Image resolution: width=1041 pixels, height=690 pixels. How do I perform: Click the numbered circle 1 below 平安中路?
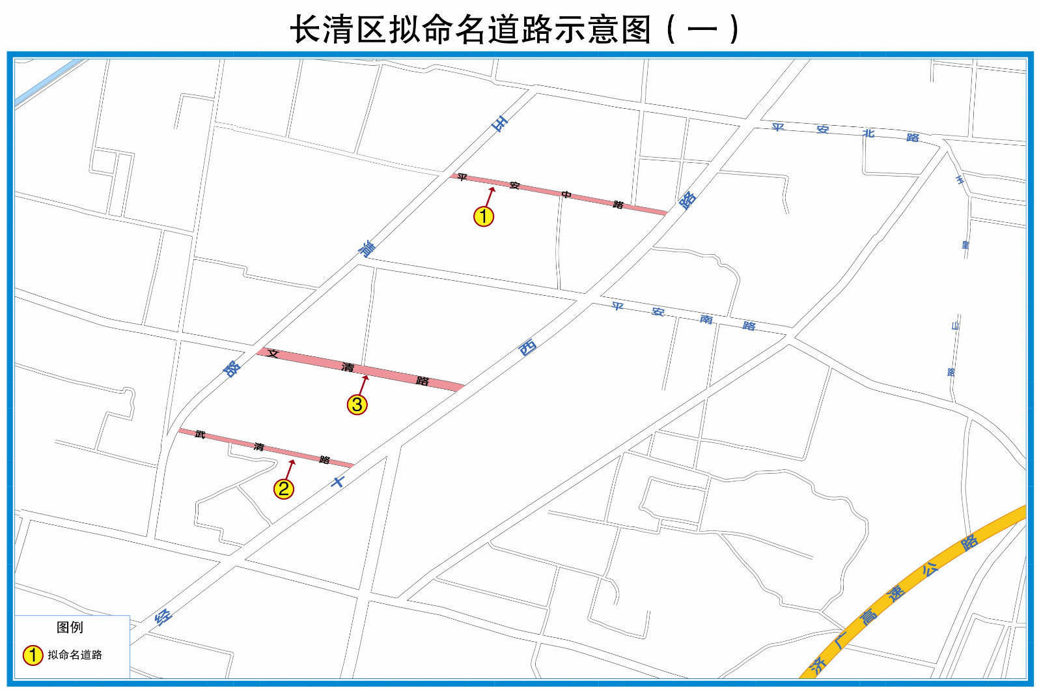(x=484, y=216)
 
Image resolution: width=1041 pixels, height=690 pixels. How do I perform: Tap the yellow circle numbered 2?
(x=283, y=489)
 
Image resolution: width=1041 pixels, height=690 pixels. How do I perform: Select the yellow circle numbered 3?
(x=357, y=405)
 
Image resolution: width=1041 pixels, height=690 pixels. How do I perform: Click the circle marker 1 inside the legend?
(x=33, y=655)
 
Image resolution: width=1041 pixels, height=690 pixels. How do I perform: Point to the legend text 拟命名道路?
(x=75, y=655)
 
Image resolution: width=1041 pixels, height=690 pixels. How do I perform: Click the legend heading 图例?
(x=70, y=627)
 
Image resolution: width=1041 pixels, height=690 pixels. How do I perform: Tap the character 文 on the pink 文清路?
(x=273, y=354)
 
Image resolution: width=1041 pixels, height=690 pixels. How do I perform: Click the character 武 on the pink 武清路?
(x=200, y=434)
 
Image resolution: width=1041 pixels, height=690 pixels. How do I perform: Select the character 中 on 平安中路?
(x=566, y=195)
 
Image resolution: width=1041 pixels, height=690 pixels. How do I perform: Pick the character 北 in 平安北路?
(x=868, y=133)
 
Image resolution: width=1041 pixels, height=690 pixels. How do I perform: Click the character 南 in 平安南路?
(x=706, y=319)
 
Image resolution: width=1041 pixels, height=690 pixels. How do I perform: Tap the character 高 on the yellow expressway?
(x=868, y=616)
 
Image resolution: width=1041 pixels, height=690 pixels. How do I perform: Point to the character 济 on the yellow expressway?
(x=818, y=665)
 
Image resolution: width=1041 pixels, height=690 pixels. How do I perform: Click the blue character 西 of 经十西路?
(x=527, y=347)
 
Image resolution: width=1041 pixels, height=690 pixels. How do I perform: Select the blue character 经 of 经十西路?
(x=163, y=616)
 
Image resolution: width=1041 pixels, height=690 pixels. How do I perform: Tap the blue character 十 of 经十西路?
(x=337, y=482)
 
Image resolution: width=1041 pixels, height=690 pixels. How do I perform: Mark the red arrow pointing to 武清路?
(x=290, y=469)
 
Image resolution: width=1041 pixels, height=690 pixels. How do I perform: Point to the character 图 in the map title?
(x=636, y=29)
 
